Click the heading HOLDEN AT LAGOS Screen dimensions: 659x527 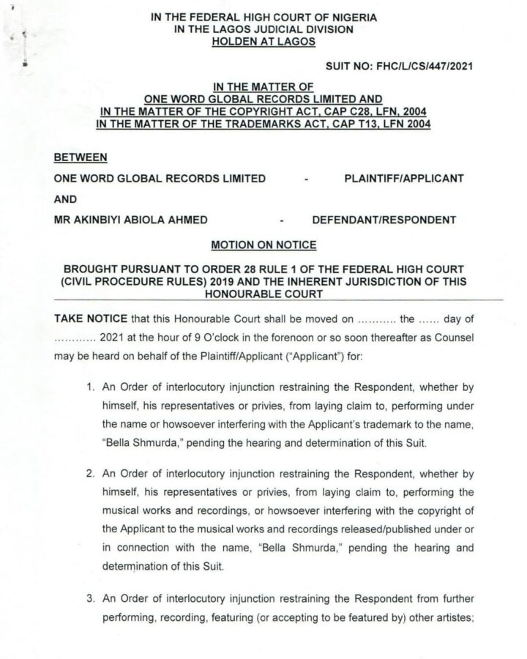(263, 42)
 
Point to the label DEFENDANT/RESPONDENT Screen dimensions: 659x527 (384, 219)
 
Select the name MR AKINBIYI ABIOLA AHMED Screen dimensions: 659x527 (131, 219)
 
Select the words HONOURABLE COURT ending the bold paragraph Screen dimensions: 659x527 (263, 293)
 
